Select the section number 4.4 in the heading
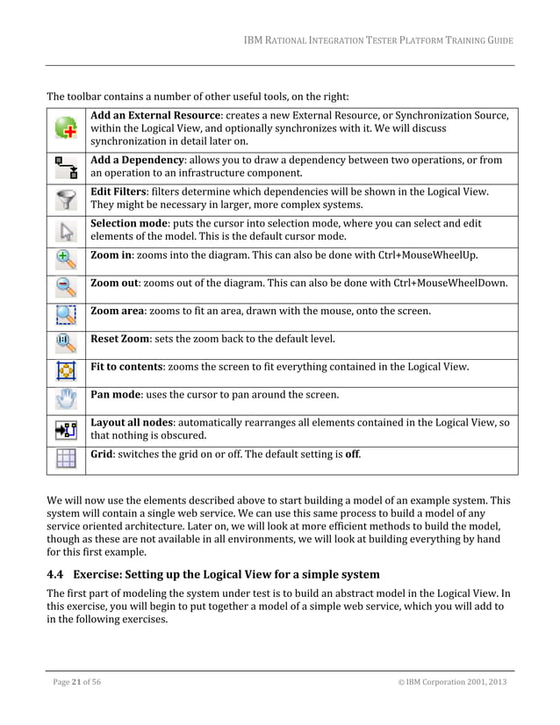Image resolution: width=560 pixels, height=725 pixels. point(55,575)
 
